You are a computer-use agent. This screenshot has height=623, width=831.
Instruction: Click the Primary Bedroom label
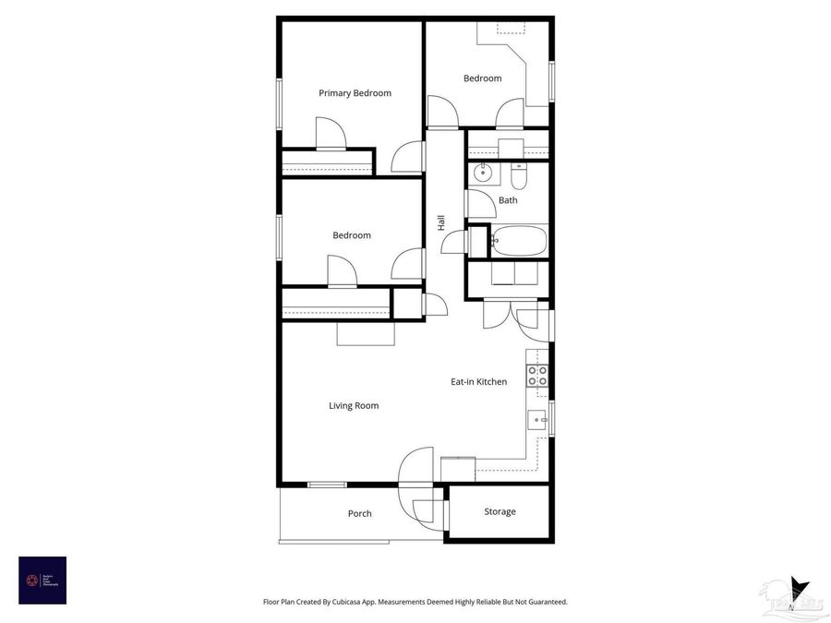(x=355, y=93)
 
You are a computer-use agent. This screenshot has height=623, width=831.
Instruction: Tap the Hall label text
(x=441, y=222)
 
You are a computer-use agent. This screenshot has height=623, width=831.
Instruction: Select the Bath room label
(x=508, y=200)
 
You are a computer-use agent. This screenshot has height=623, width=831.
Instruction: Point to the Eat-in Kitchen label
(x=478, y=382)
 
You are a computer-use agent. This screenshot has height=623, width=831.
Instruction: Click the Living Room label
(x=354, y=406)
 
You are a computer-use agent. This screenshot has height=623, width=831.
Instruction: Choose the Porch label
(x=360, y=514)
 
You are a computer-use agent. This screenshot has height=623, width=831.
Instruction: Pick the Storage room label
(x=500, y=512)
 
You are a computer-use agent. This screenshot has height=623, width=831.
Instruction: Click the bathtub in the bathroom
(x=519, y=240)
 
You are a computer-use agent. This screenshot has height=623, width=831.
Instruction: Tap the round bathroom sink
(x=482, y=173)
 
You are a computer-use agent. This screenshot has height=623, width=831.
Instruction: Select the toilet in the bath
(x=519, y=174)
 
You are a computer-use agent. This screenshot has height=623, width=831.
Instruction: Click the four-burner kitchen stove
(x=537, y=375)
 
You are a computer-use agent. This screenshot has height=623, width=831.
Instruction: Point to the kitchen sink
(x=537, y=421)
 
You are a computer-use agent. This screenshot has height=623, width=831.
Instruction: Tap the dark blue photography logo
(x=42, y=580)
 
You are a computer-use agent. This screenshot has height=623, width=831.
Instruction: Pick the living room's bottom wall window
(x=328, y=485)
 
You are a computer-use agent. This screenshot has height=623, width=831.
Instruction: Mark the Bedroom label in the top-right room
(x=482, y=78)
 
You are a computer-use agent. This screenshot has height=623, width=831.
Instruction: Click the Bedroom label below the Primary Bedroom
(x=352, y=235)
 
